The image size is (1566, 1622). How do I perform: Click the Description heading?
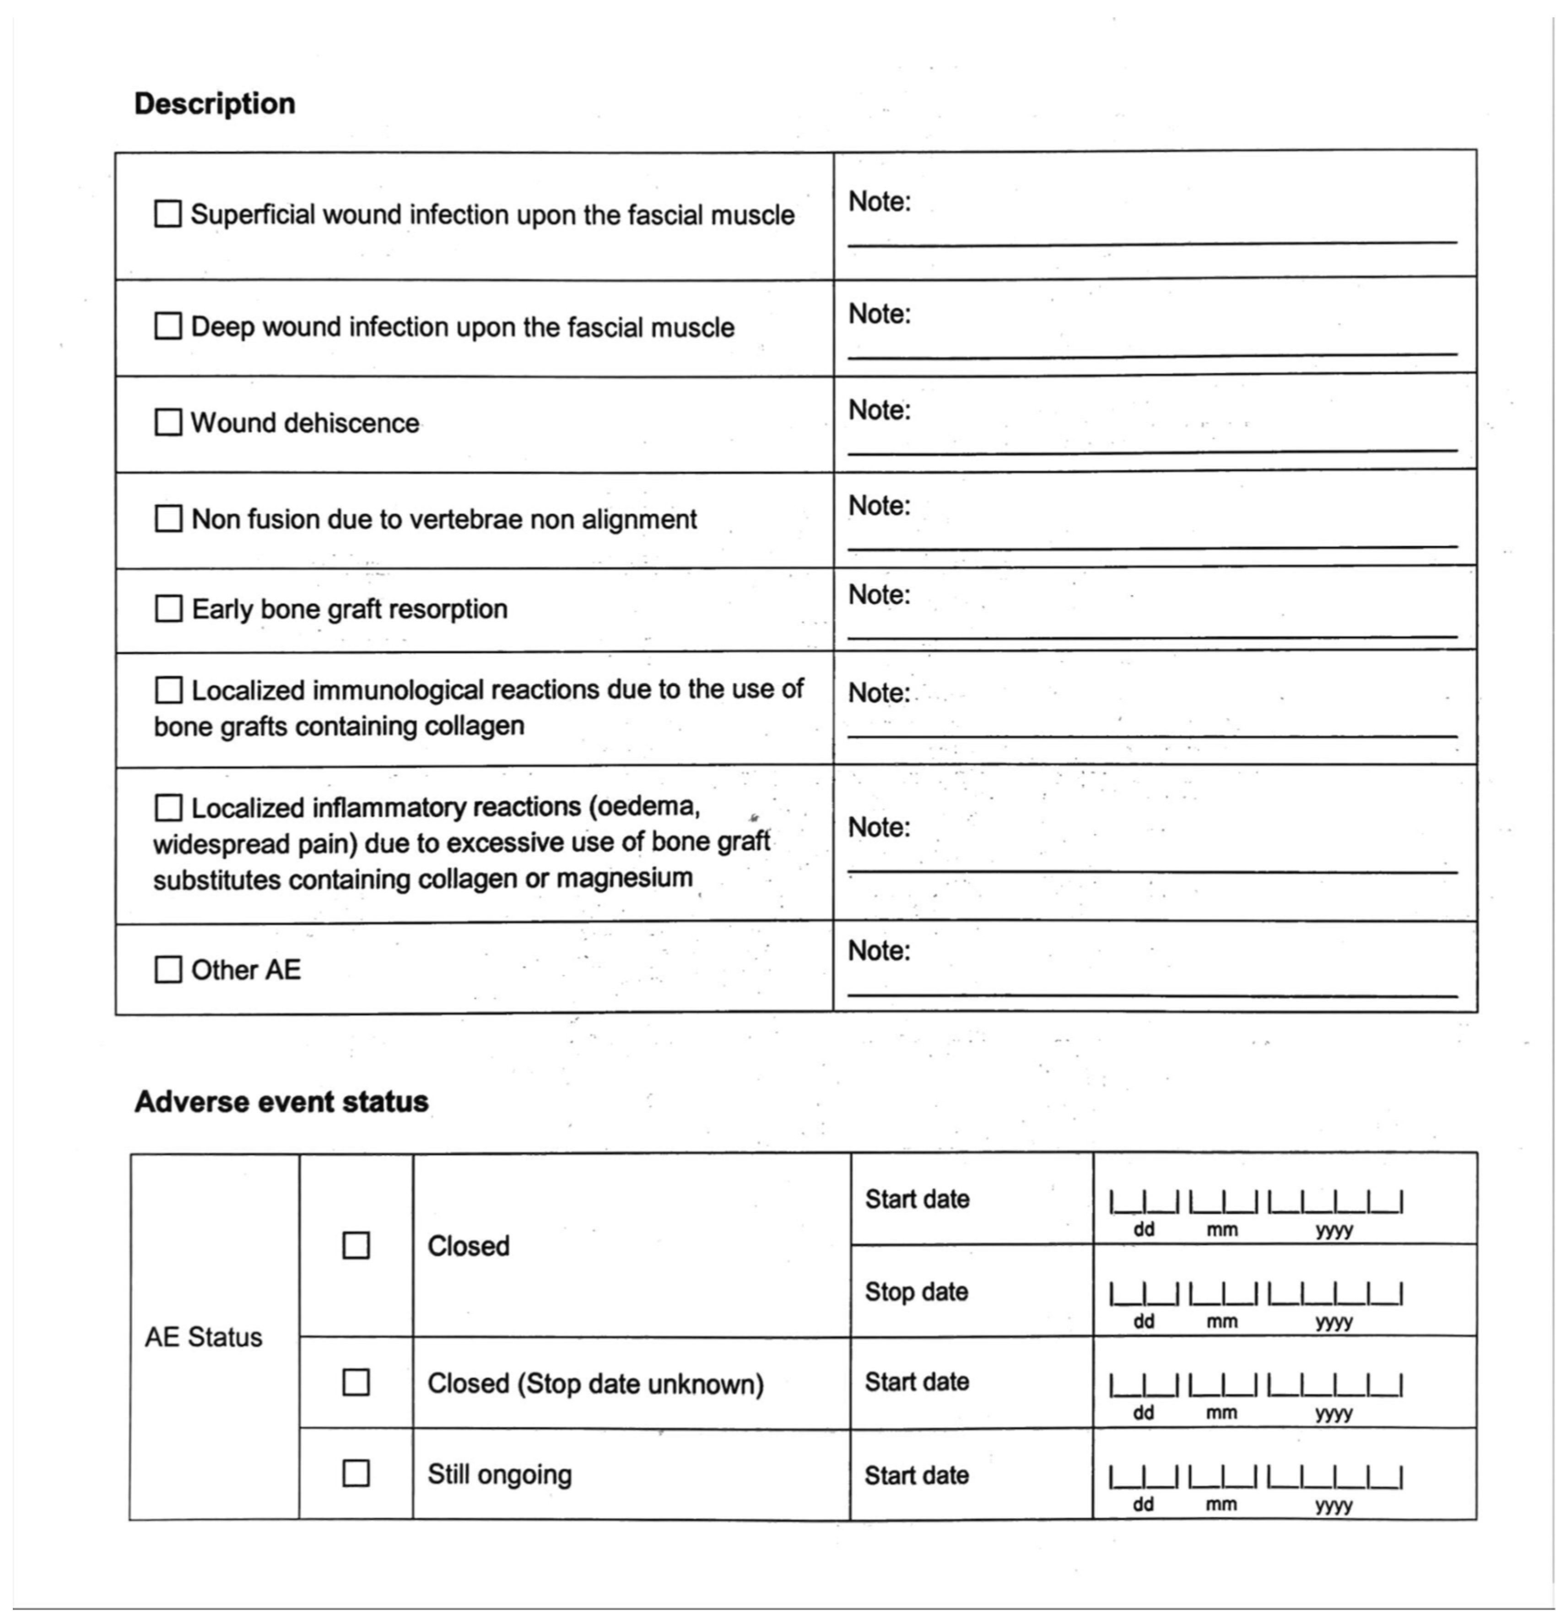click(214, 103)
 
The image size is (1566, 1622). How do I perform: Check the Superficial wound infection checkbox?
click(168, 214)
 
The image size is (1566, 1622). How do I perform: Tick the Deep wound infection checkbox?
click(168, 326)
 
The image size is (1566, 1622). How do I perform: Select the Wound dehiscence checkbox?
click(168, 422)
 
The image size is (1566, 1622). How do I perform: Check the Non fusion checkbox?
click(168, 519)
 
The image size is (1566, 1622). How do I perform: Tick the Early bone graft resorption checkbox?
click(168, 608)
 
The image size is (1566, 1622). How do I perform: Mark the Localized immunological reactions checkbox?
click(168, 689)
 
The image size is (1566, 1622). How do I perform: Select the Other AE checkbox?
click(168, 969)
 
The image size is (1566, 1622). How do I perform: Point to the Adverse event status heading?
click(281, 1102)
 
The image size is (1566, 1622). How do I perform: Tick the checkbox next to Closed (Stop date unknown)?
click(356, 1382)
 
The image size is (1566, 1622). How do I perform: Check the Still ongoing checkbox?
click(356, 1473)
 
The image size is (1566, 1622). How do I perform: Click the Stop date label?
click(916, 1291)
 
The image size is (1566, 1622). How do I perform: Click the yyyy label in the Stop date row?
click(1334, 1322)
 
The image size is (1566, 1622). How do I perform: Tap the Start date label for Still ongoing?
click(916, 1475)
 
